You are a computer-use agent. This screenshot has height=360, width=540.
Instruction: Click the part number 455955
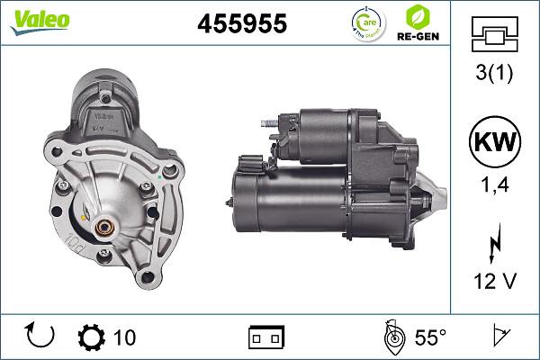[242, 24]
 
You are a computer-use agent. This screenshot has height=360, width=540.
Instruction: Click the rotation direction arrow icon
[41, 337]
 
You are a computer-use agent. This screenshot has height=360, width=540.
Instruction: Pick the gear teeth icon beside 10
[92, 337]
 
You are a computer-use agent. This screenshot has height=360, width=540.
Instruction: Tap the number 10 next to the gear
[125, 337]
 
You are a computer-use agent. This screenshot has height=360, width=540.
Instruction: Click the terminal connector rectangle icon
[266, 337]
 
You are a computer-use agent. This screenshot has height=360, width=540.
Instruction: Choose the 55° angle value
[430, 337]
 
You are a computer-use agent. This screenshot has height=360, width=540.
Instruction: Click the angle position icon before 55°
[391, 337]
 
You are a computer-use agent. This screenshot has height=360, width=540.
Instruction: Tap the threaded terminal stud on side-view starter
[265, 124]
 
